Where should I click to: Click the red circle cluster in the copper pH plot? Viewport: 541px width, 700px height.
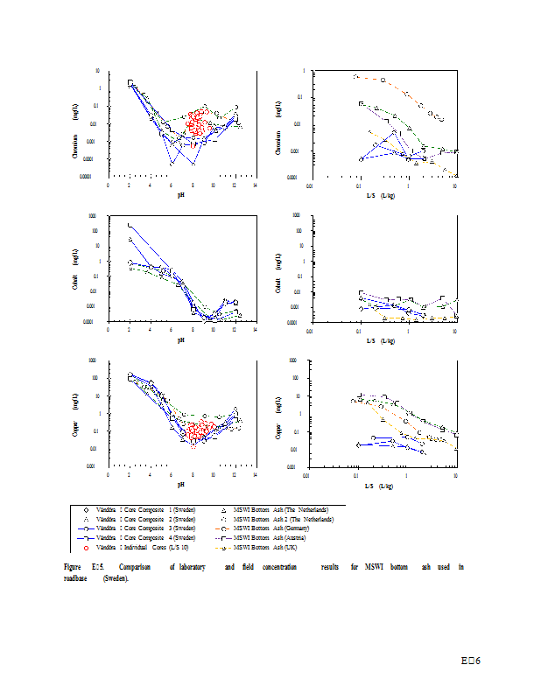[x=200, y=430]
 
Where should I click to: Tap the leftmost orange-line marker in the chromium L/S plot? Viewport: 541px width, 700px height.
[x=356, y=77]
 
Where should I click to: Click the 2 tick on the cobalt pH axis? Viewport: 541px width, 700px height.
[x=130, y=330]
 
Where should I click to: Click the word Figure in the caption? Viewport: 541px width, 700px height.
[x=73, y=567]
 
